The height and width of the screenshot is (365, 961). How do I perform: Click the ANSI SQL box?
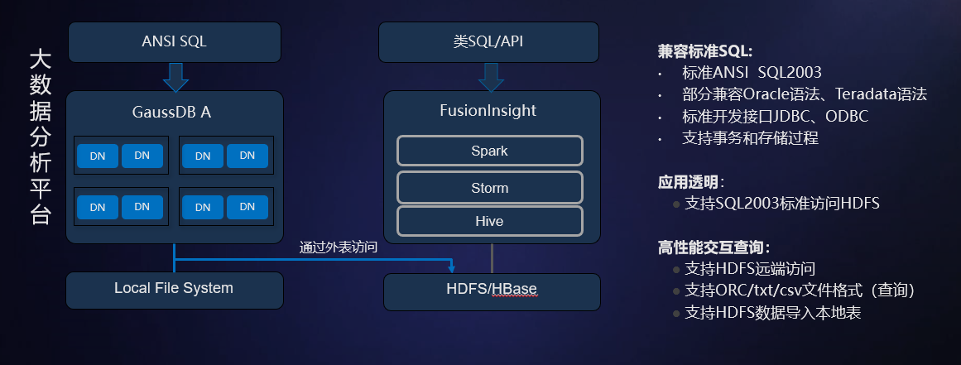pos(175,41)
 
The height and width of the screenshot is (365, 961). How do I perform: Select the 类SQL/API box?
pos(488,41)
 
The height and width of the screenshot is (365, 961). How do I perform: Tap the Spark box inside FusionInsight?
pos(489,151)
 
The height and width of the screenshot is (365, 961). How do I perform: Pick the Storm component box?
pos(489,188)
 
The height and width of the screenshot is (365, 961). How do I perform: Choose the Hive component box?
pos(489,222)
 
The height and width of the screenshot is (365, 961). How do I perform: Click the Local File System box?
pos(174,289)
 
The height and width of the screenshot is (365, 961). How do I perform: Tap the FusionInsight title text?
pos(488,111)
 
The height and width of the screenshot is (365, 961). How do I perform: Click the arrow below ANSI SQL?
pos(175,77)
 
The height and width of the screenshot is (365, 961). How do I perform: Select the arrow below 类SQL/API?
pos(490,77)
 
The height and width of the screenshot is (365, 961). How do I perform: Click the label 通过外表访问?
pos(339,247)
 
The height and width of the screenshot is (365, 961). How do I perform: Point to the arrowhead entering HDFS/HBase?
pos(451,267)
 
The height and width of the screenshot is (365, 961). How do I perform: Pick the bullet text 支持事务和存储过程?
pos(750,138)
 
